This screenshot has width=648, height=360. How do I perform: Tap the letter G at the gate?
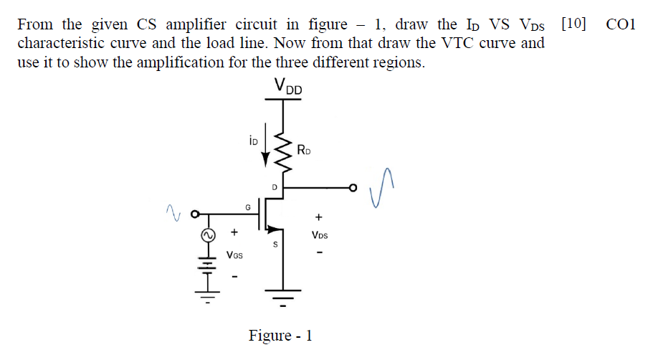click(x=248, y=207)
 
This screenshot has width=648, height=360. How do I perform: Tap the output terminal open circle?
click(x=352, y=189)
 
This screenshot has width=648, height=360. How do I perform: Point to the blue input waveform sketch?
click(x=172, y=211)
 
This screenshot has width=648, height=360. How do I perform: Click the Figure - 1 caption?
click(x=280, y=336)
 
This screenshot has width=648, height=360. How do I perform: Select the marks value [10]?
click(x=573, y=24)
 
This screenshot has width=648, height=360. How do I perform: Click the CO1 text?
click(x=621, y=24)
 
